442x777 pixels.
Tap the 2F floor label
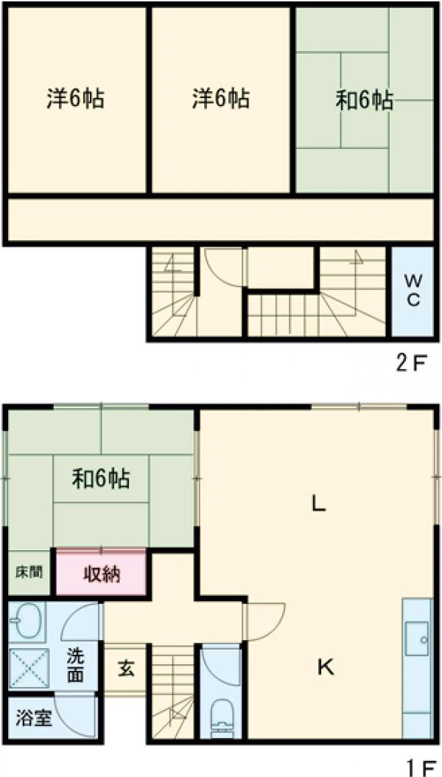(x=411, y=365)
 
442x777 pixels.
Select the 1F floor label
(x=416, y=767)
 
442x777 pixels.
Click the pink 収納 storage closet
(x=101, y=574)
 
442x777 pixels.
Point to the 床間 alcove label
(x=29, y=572)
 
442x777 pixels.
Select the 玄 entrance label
(x=125, y=669)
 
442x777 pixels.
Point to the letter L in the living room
(x=318, y=504)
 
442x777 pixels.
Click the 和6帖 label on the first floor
(x=101, y=479)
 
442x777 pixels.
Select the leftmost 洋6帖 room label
(x=76, y=99)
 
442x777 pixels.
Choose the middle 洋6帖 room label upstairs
(x=220, y=99)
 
